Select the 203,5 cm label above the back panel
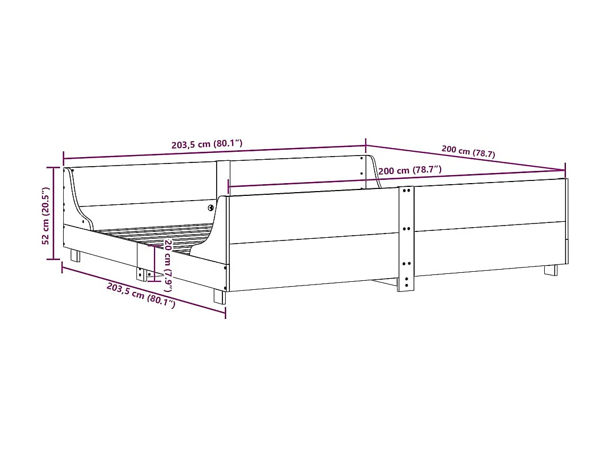click(x=207, y=144)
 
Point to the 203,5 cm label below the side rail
click(x=141, y=296)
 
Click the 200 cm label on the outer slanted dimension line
click(x=468, y=152)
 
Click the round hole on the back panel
click(x=211, y=208)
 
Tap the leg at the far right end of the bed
click(x=551, y=270)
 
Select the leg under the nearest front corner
click(x=219, y=296)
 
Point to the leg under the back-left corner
click(x=75, y=256)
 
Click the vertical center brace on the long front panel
click(x=406, y=239)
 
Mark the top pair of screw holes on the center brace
click(x=407, y=191)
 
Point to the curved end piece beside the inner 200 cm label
click(x=373, y=171)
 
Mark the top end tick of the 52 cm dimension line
click(x=53, y=167)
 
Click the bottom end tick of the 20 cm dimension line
click(x=154, y=281)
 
